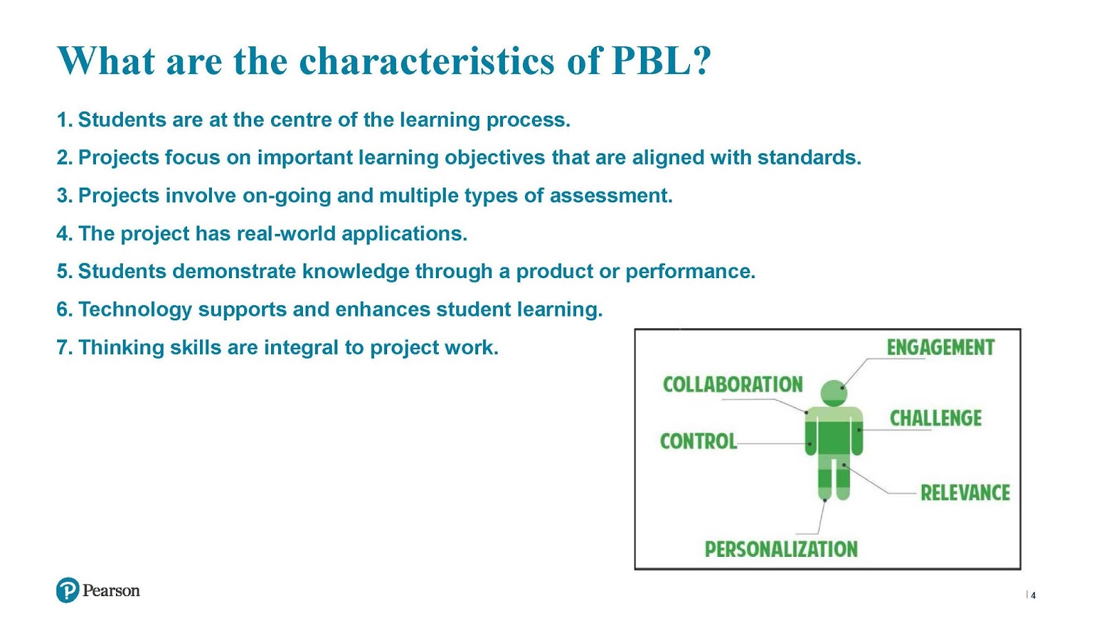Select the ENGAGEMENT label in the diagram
(x=940, y=348)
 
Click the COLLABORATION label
(x=733, y=384)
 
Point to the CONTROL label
(x=698, y=441)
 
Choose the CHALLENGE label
(x=936, y=418)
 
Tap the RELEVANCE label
(x=965, y=493)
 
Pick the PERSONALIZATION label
(x=781, y=549)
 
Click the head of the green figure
(x=834, y=393)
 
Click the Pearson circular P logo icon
(x=68, y=590)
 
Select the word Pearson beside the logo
(x=111, y=591)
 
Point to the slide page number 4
(x=1033, y=595)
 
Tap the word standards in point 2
(x=809, y=158)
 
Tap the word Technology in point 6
(x=135, y=310)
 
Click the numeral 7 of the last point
(x=61, y=348)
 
